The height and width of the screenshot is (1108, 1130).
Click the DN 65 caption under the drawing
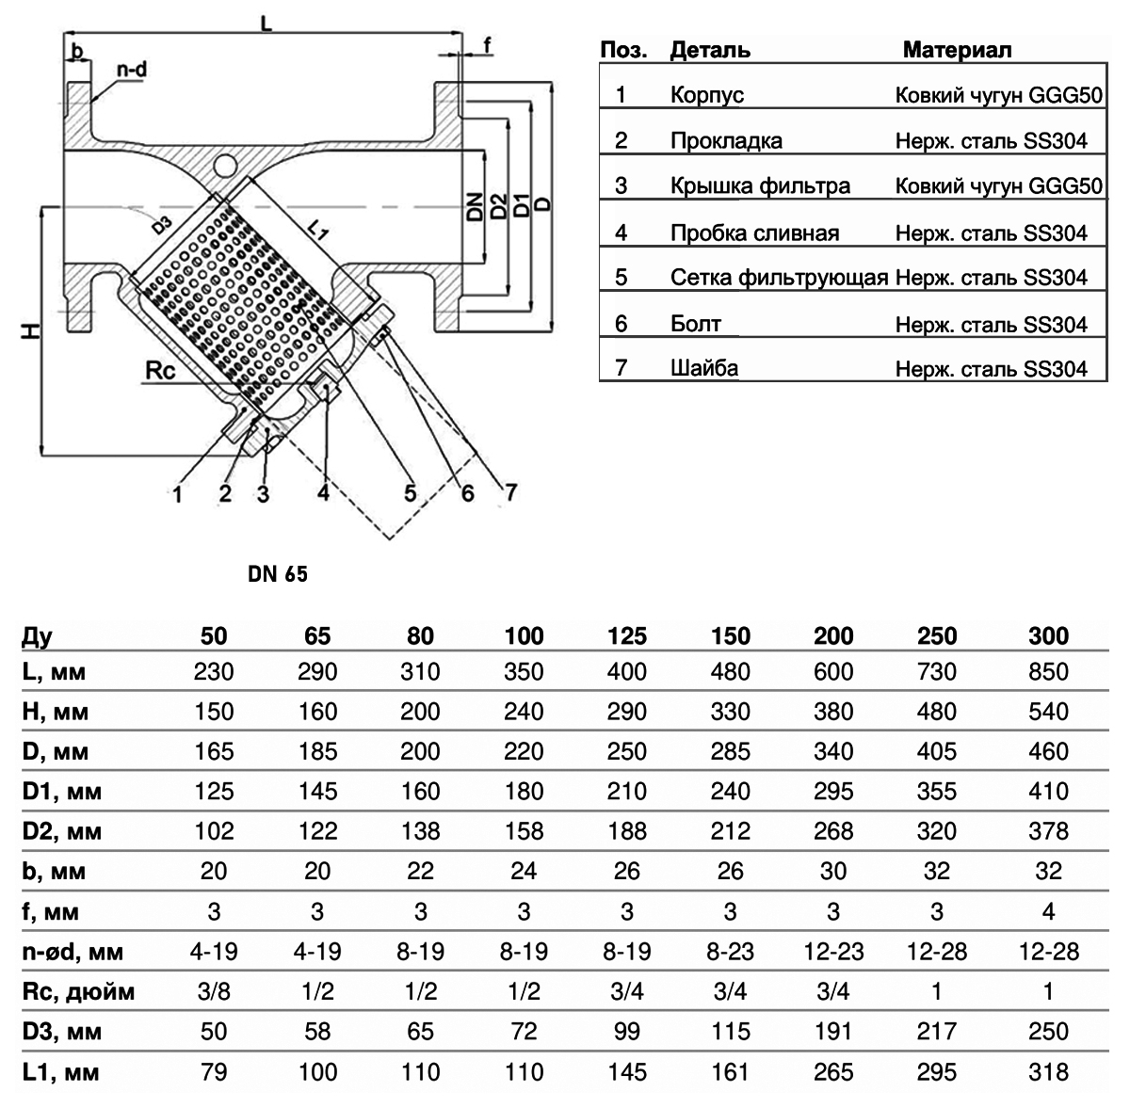click(278, 574)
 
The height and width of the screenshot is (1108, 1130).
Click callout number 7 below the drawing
click(509, 490)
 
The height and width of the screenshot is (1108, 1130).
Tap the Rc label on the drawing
click(159, 371)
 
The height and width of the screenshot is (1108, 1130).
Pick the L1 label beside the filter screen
click(318, 232)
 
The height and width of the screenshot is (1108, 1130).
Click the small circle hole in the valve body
click(225, 166)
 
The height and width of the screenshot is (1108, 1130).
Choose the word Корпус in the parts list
click(707, 95)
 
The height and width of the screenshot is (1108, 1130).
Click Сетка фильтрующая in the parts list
click(780, 278)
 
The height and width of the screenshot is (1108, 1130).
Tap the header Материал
click(957, 50)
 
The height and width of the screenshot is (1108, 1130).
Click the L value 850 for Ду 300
click(1049, 672)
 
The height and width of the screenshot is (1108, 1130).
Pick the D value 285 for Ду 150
click(731, 752)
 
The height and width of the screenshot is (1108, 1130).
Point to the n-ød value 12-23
click(833, 952)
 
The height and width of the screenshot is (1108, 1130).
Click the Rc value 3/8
click(214, 991)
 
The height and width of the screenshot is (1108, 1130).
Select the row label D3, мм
click(60, 1032)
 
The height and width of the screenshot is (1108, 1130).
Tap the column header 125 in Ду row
click(627, 636)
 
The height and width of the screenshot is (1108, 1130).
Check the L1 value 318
click(1049, 1071)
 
